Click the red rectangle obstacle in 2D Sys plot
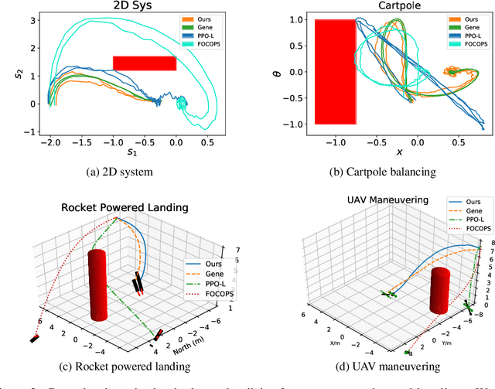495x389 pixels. coord(145,63)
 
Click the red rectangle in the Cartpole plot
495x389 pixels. coord(334,72)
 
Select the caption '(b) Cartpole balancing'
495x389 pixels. coord(380,172)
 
